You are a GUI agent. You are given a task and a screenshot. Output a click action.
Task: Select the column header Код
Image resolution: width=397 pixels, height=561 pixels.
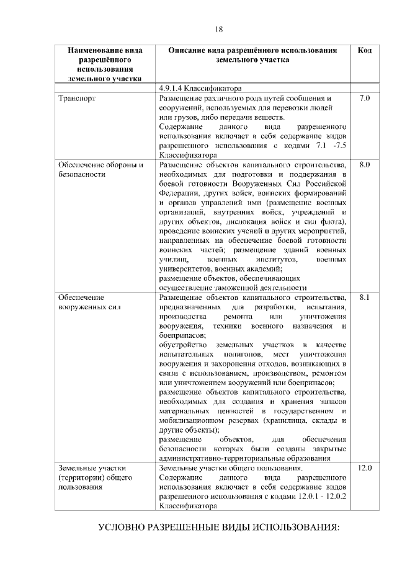(x=365, y=50)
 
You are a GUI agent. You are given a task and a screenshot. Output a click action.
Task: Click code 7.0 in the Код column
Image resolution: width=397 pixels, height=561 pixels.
(x=365, y=98)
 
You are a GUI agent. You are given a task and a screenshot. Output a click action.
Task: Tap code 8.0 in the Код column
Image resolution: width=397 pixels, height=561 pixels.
(x=365, y=164)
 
